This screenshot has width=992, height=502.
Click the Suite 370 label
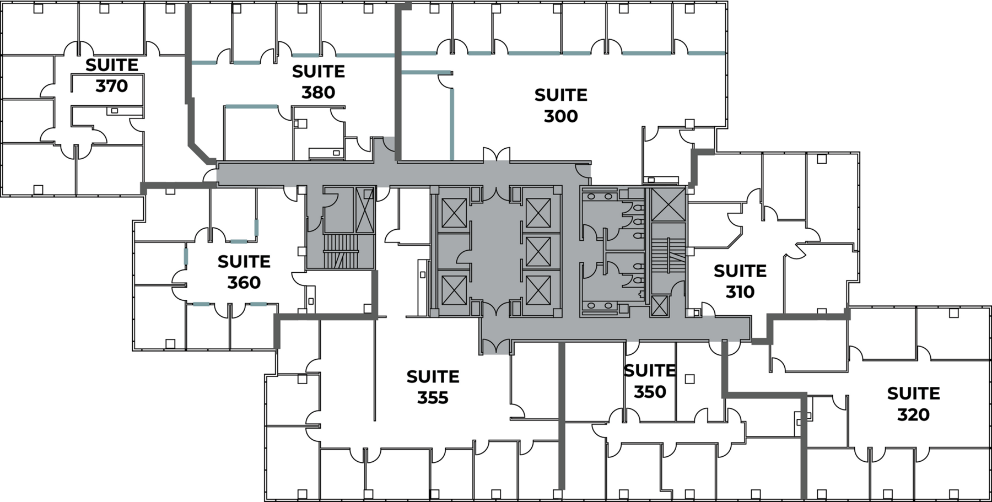(x=112, y=75)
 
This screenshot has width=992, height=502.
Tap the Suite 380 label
(x=319, y=82)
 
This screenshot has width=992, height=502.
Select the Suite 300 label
(x=561, y=105)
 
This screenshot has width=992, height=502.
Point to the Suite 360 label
(x=244, y=272)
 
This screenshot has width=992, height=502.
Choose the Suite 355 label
(x=433, y=387)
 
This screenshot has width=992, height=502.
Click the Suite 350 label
(x=650, y=381)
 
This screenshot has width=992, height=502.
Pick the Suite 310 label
(x=740, y=281)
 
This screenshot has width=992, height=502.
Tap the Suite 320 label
(x=914, y=403)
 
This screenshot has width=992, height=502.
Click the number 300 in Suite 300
(x=561, y=116)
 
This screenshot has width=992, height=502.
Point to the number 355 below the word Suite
(x=433, y=397)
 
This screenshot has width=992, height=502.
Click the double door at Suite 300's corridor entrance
(x=497, y=155)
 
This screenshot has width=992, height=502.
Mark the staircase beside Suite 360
(x=341, y=251)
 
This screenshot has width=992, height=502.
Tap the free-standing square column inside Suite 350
(x=689, y=379)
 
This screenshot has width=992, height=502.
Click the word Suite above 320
(x=914, y=393)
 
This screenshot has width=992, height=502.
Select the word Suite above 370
(x=112, y=65)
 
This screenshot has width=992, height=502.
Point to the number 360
(x=244, y=282)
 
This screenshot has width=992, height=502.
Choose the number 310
(x=740, y=292)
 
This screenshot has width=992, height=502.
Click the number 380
(x=319, y=92)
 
